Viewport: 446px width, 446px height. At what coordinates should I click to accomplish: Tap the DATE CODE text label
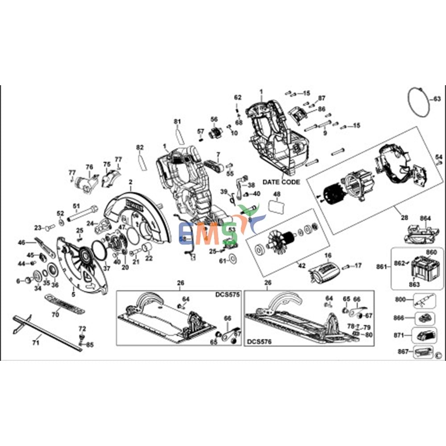[281, 182]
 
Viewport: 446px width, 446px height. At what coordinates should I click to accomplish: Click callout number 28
[404, 218]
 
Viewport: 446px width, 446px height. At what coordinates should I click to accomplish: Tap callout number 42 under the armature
[302, 266]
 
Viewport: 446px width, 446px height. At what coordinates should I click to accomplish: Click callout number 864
[425, 218]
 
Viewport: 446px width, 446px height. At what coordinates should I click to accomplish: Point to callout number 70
[55, 314]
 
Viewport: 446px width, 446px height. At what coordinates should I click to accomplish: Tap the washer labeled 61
[233, 258]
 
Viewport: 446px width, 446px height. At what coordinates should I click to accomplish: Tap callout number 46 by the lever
[21, 243]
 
